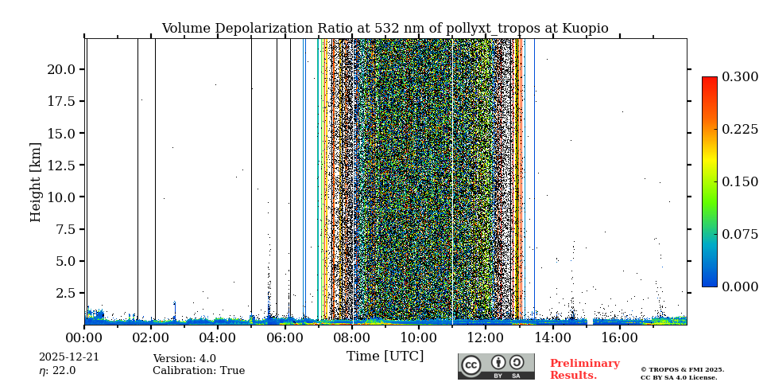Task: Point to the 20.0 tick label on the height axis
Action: [x=61, y=69]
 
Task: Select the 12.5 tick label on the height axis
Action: [x=61, y=165]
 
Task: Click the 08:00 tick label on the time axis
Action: [x=351, y=337]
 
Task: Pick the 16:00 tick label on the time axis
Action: [x=619, y=337]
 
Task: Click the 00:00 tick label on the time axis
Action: [x=84, y=337]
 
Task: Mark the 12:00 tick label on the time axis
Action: [x=486, y=337]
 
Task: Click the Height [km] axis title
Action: [x=36, y=181]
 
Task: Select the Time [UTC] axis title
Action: [x=385, y=357]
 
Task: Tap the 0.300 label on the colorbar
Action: [x=740, y=77]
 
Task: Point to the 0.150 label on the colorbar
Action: [x=740, y=181]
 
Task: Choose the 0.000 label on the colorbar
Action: [x=740, y=286]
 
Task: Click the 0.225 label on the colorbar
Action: [x=740, y=130]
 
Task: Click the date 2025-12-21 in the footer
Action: [x=69, y=357]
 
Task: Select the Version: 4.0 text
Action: [x=184, y=359]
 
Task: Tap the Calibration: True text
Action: [x=199, y=371]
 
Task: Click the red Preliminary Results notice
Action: [x=584, y=369]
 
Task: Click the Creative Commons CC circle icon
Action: [x=471, y=365]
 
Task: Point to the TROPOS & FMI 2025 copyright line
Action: [x=682, y=370]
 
